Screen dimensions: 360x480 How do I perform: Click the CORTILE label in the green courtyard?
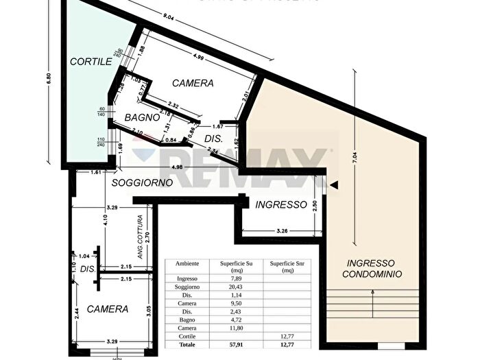91,61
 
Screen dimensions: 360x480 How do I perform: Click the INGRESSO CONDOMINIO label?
370,268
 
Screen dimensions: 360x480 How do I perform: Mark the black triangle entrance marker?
334,184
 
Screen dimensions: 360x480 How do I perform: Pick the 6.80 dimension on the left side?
48,78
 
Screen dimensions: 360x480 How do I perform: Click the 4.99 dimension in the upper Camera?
197,56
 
